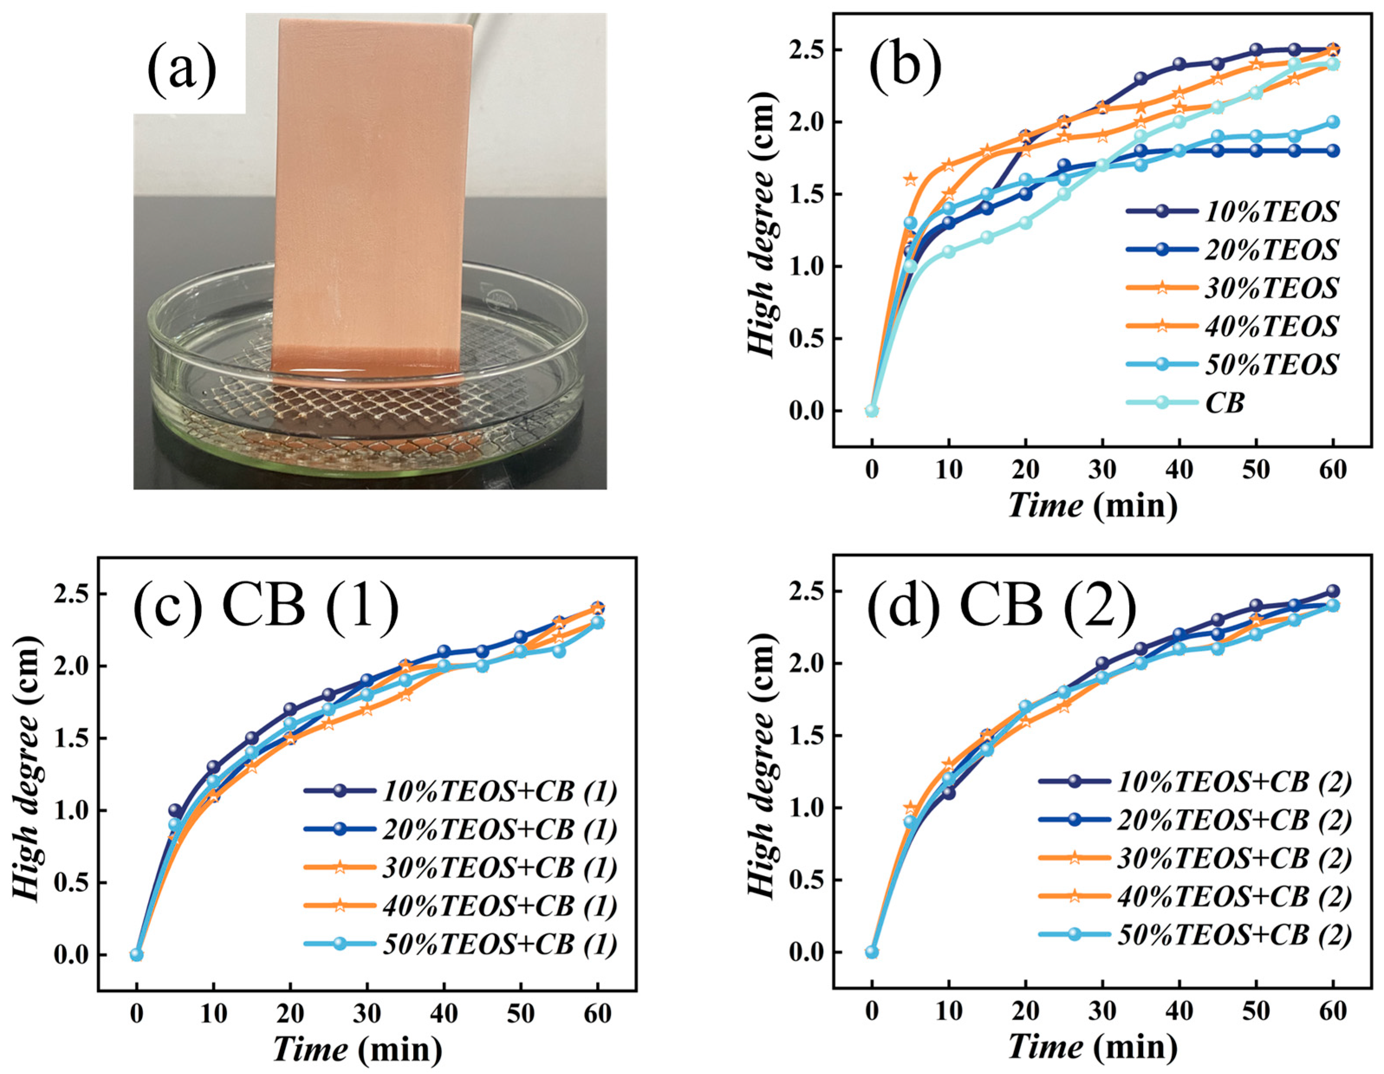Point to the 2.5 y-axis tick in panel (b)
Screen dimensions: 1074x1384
coord(808,50)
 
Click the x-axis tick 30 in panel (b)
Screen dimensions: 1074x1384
coord(1102,470)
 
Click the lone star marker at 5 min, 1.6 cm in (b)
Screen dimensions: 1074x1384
coord(910,179)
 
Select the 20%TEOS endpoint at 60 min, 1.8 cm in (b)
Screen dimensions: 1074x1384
coord(1333,151)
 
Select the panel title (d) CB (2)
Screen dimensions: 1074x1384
coord(1001,602)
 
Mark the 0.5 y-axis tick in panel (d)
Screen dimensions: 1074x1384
coord(808,880)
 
